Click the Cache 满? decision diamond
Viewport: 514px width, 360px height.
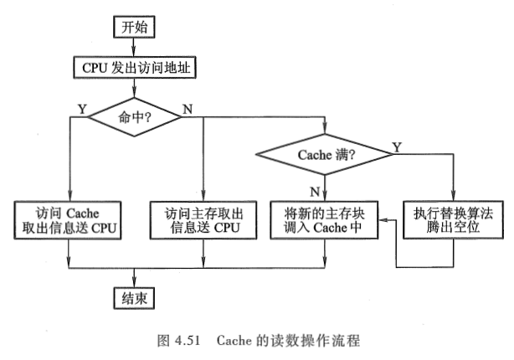tap(323, 154)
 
